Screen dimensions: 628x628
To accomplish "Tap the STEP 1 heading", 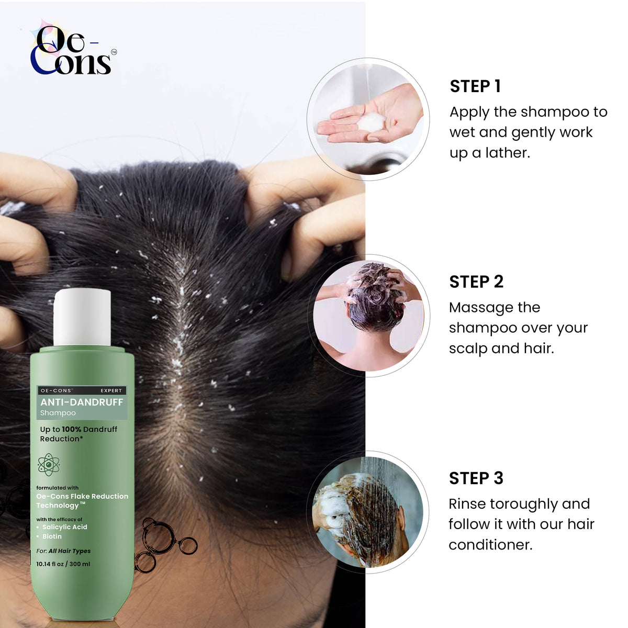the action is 475,86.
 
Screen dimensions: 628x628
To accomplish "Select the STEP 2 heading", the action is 476,282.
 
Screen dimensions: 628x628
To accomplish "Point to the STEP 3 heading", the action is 476,478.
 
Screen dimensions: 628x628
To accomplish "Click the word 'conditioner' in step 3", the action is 490,545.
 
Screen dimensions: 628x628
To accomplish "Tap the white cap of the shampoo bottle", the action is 82,317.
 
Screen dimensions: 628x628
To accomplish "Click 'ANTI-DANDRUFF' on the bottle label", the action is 82,402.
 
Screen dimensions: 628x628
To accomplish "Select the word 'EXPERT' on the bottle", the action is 111,390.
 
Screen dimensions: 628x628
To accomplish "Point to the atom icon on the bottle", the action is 49,464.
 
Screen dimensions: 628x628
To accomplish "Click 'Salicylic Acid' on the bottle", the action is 65,527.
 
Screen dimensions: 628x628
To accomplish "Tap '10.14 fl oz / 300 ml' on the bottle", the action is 63,564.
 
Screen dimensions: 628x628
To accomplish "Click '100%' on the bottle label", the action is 71,429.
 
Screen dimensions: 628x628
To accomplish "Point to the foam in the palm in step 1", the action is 371,123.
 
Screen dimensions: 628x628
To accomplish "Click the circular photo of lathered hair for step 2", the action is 368,316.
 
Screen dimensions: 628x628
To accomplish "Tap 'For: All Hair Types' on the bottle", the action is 63,551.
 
